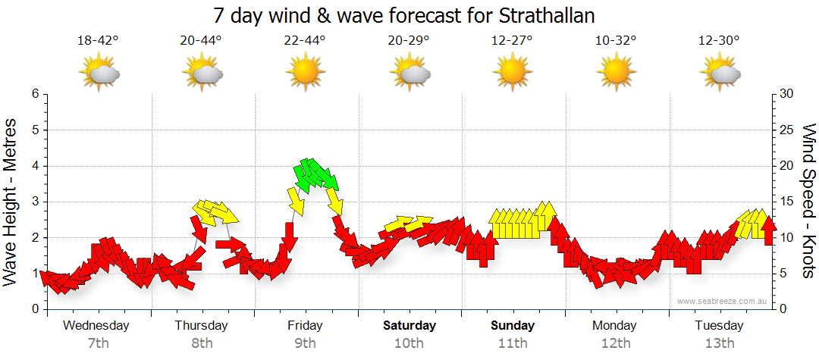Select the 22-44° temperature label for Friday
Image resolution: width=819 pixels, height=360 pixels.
click(x=305, y=41)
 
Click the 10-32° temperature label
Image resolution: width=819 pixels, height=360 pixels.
click(x=615, y=41)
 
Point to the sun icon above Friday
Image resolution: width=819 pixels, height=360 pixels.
click(x=305, y=73)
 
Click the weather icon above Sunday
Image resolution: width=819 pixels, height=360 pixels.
click(x=512, y=73)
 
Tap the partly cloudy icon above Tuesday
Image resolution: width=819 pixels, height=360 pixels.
click(x=719, y=73)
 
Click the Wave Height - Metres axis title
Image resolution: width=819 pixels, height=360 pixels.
click(x=11, y=202)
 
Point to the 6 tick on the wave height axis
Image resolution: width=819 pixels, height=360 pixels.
click(x=34, y=94)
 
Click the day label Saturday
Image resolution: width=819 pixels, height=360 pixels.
click(x=409, y=326)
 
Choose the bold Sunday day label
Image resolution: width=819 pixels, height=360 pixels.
click(x=513, y=326)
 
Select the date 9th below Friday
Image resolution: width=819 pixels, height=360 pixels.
click(x=305, y=343)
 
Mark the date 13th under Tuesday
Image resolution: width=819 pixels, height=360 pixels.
click(x=719, y=343)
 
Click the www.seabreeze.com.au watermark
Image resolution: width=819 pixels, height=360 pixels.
click(x=723, y=302)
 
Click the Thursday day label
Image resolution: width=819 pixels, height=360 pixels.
click(x=201, y=326)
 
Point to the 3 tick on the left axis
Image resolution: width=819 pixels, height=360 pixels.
click(x=34, y=202)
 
